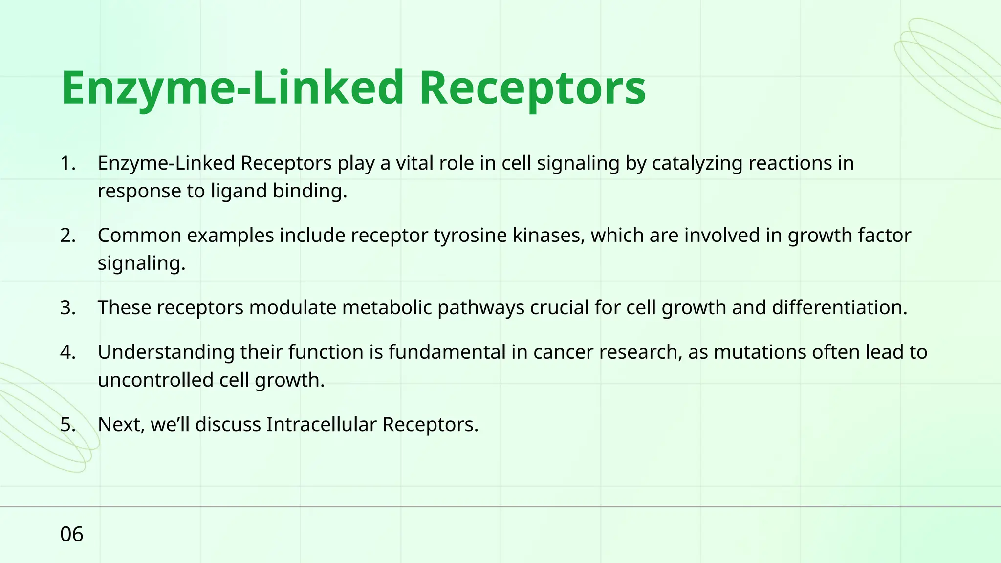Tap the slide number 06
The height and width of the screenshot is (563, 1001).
click(x=71, y=534)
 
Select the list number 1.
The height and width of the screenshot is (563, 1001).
click(x=68, y=163)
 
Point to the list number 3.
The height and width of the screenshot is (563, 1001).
click(x=68, y=308)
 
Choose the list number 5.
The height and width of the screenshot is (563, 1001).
click(x=68, y=425)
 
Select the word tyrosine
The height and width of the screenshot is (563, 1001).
click(x=470, y=236)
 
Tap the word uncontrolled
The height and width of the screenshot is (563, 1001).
click(x=155, y=380)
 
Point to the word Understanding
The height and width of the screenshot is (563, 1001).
click(x=166, y=352)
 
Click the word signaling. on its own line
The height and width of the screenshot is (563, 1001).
click(x=141, y=264)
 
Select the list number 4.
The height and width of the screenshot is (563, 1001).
click(x=68, y=352)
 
